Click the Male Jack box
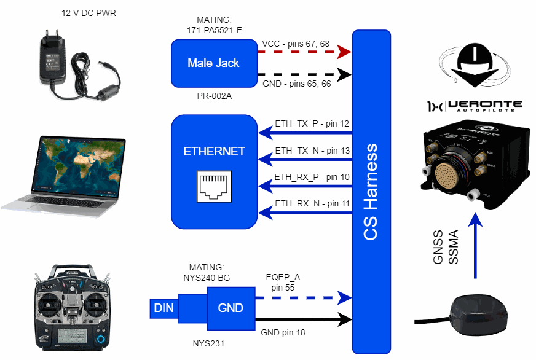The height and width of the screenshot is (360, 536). [x=213, y=63]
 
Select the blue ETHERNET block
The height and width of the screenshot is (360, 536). [x=213, y=171]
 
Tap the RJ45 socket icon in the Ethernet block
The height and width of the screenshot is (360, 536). [x=214, y=187]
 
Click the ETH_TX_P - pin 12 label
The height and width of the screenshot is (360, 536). [x=312, y=124]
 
